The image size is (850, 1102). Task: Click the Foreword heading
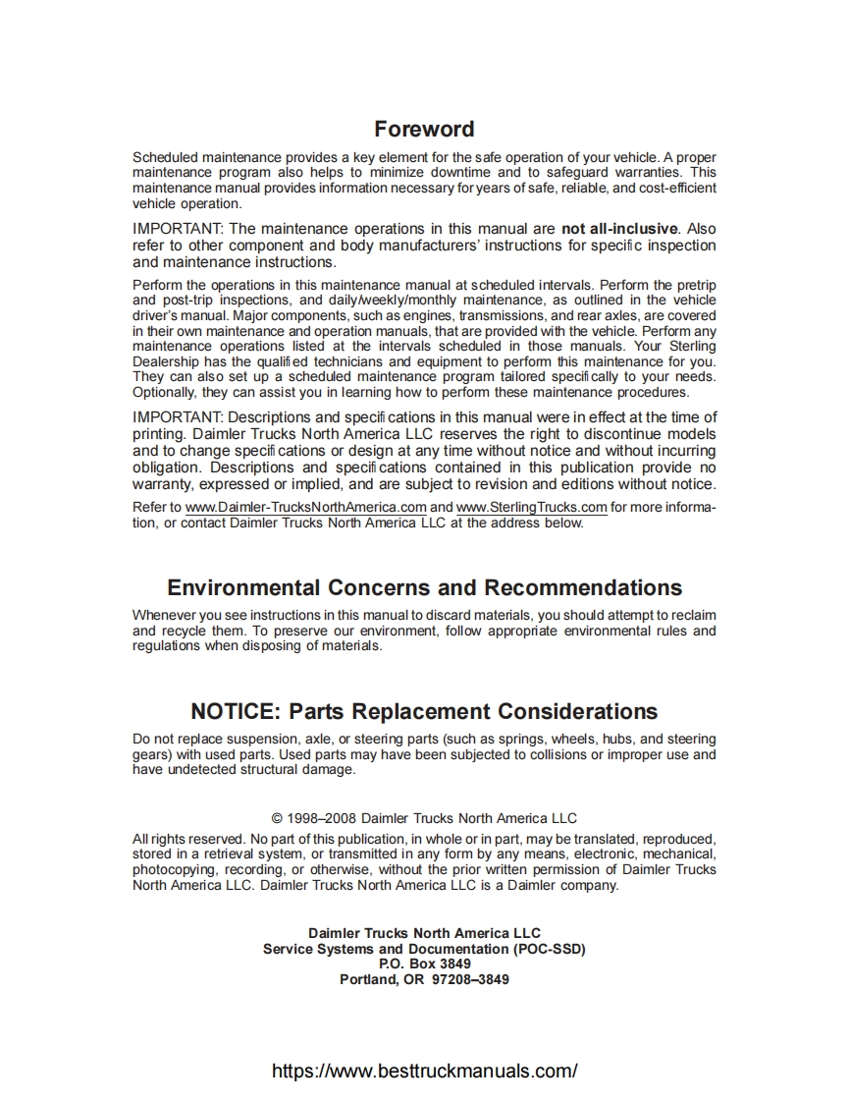point(424,129)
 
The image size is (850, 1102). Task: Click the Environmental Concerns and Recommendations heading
point(424,587)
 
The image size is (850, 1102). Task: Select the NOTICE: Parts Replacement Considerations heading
point(424,711)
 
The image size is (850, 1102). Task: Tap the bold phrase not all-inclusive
point(619,229)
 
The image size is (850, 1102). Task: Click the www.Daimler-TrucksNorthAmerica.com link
point(306,507)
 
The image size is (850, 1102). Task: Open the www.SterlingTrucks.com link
point(531,507)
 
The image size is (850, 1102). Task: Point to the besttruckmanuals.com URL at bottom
point(424,1071)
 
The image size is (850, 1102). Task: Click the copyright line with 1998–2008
point(424,818)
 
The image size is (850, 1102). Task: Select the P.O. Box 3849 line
point(424,964)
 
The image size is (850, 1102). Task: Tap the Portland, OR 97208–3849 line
point(424,979)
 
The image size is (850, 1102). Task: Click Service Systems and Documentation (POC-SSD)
point(424,950)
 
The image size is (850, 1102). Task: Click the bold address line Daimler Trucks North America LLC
point(424,933)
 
